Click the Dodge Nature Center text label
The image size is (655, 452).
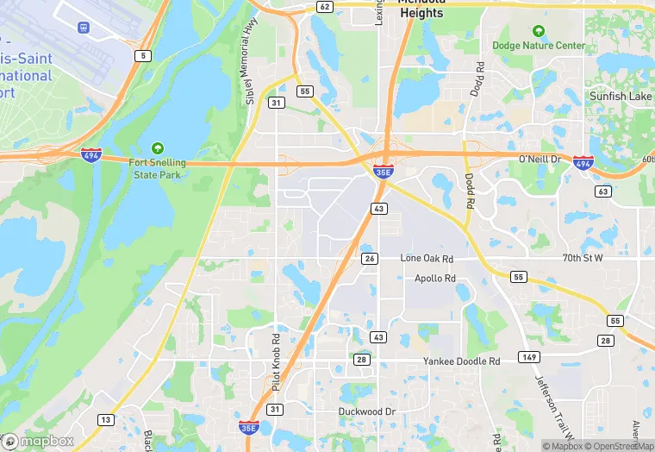[539, 46]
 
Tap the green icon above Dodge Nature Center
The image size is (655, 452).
[539, 31]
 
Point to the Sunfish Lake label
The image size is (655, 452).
[620, 97]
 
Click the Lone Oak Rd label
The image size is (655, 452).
[428, 258]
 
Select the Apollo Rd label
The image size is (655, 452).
[434, 279]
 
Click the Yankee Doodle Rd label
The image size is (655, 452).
[461, 361]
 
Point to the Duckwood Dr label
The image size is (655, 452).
[366, 411]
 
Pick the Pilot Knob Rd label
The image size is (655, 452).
[276, 362]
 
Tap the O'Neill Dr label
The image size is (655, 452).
[540, 160]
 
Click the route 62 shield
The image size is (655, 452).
[324, 6]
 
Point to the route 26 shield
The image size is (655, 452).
[370, 258]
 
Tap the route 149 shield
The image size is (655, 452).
[528, 356]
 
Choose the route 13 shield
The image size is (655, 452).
[105, 419]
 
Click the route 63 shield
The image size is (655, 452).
[603, 191]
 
